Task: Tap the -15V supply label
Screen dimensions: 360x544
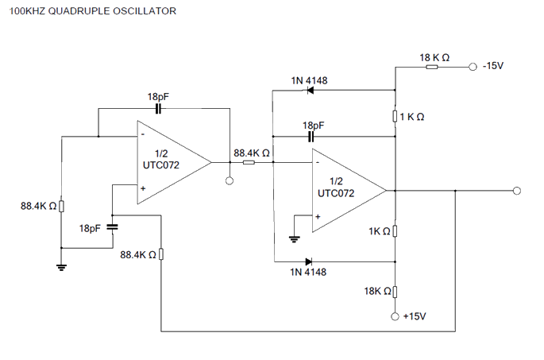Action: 494,67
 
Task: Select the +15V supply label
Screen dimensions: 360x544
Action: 415,316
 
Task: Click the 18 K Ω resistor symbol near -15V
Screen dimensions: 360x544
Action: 431,67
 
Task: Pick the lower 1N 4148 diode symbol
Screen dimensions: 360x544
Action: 309,261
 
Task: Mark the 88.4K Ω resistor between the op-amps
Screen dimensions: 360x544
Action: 249,163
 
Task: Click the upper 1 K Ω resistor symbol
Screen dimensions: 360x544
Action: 395,117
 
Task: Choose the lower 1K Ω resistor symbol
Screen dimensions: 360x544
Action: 395,231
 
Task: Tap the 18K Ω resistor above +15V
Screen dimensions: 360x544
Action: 395,292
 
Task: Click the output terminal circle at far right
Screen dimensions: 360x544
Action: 516,191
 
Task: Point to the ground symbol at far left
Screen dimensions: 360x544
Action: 62,266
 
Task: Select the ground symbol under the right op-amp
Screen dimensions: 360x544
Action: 293,238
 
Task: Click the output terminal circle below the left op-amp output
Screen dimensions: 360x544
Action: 230,180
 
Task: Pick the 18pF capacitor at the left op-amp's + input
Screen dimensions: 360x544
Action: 111,227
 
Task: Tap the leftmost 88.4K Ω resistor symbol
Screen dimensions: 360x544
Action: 62,207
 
